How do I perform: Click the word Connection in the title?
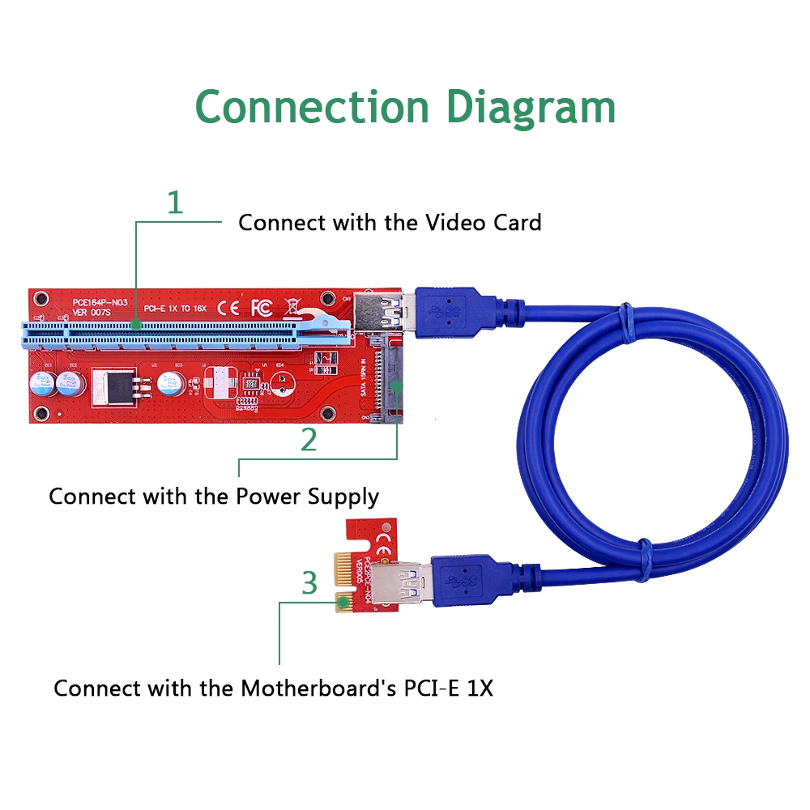coord(312,107)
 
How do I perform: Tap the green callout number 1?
coord(174,202)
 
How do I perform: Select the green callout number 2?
coord(309,439)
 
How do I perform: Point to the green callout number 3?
coord(309,582)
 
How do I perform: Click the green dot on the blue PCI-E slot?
coord(136,326)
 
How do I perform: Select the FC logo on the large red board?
coord(261,308)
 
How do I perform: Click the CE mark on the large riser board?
coord(229,308)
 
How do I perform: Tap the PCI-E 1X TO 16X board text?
coord(175,309)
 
